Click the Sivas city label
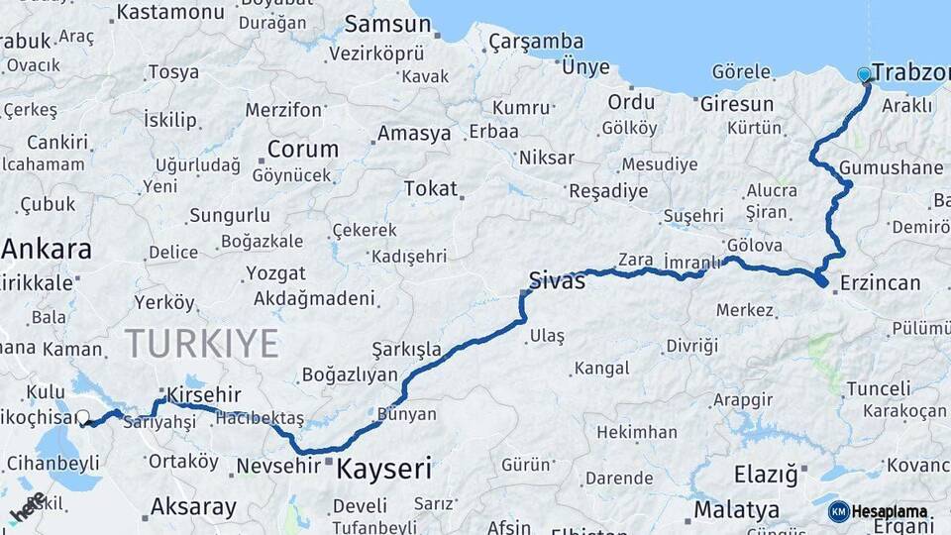click(558, 280)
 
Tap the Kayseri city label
click(384, 468)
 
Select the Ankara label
click(47, 248)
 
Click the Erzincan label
click(880, 283)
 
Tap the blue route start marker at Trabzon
click(865, 74)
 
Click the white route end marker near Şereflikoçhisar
click(83, 418)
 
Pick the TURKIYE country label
click(201, 344)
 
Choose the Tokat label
click(431, 188)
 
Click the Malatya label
click(736, 510)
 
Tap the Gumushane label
click(891, 167)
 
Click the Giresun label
click(736, 103)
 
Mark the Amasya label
click(413, 133)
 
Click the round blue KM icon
click(838, 511)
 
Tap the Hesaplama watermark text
click(890, 512)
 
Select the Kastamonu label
click(170, 12)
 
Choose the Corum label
click(302, 149)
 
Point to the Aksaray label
click(193, 508)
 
